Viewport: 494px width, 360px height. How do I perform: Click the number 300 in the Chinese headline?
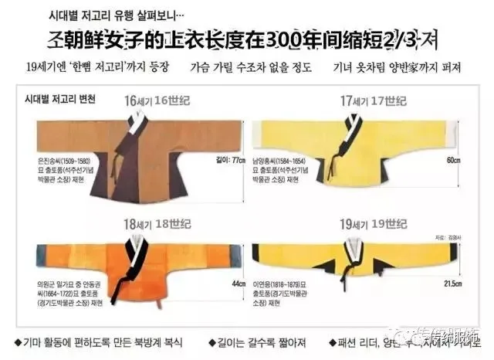click(x=308, y=39)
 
